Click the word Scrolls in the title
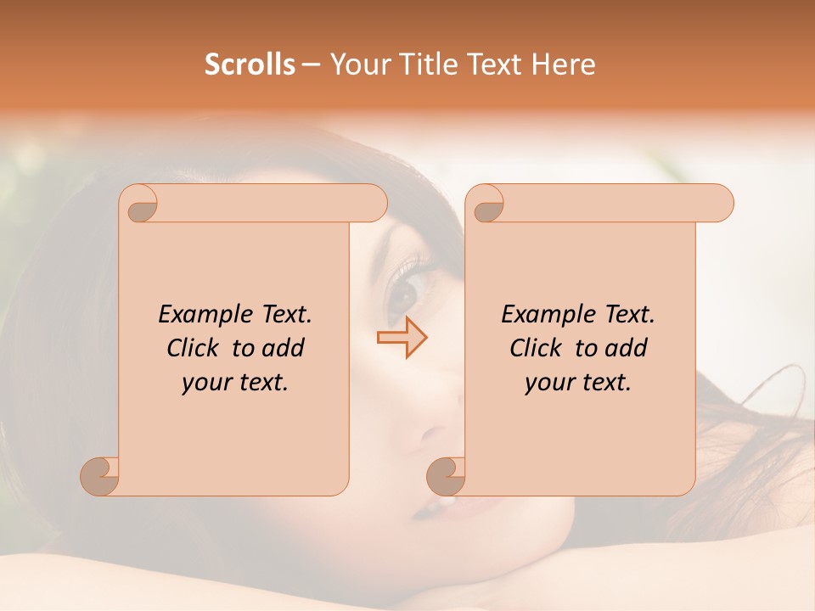[250, 64]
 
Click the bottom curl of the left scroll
[100, 475]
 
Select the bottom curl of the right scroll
[447, 475]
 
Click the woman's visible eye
[406, 293]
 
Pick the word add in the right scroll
[627, 349]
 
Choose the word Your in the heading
[357, 64]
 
